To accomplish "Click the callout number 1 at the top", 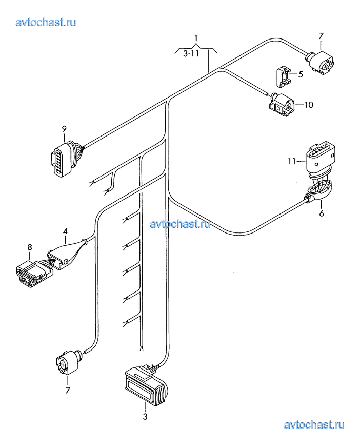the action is (196, 38).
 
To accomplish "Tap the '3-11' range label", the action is (191, 53).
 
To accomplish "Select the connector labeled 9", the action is (65, 159).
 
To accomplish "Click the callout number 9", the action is (64, 129).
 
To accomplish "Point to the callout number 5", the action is (301, 75).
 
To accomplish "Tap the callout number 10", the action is (308, 105).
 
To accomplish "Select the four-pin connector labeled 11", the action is (321, 158).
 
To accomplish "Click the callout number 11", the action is (292, 161).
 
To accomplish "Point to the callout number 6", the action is (321, 213).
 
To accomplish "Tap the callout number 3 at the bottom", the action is (145, 417).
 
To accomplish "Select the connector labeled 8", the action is (34, 274).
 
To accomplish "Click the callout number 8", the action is (30, 247).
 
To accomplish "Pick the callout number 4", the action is (65, 231).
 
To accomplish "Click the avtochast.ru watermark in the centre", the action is (180, 224).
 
